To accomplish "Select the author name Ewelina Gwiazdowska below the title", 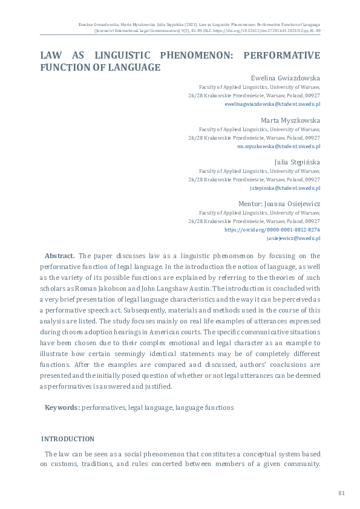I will [285, 78].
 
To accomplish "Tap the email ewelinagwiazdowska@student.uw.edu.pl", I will [272, 104].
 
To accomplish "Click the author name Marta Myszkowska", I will [290, 120].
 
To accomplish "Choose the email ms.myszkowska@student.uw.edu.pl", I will [279, 146].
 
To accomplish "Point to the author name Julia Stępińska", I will [297, 162].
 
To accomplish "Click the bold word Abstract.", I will [59, 256].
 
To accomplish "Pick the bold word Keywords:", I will [62, 407].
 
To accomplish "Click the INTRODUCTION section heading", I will [67, 438].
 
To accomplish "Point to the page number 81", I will [341, 493].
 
